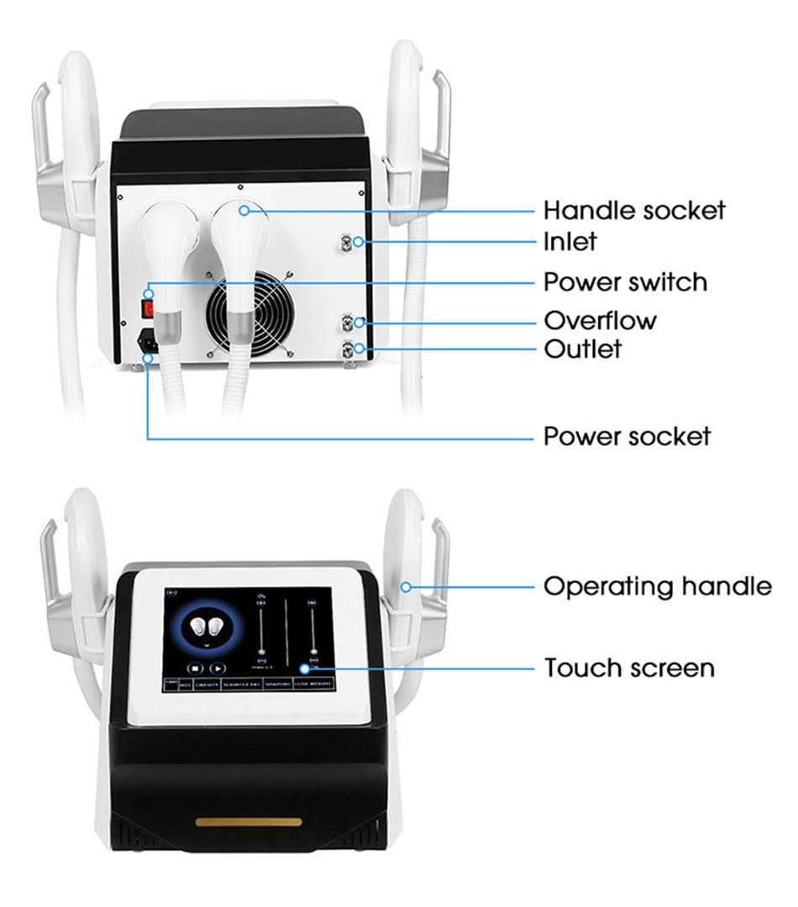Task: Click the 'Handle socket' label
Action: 634,210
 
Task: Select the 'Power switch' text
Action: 625,282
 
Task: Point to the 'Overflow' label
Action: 600,321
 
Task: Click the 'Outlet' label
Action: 583,349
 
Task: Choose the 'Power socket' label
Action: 627,437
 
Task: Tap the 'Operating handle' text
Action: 657,586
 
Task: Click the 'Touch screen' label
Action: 629,668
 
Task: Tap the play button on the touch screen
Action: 217,668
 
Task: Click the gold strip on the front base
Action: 249,820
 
